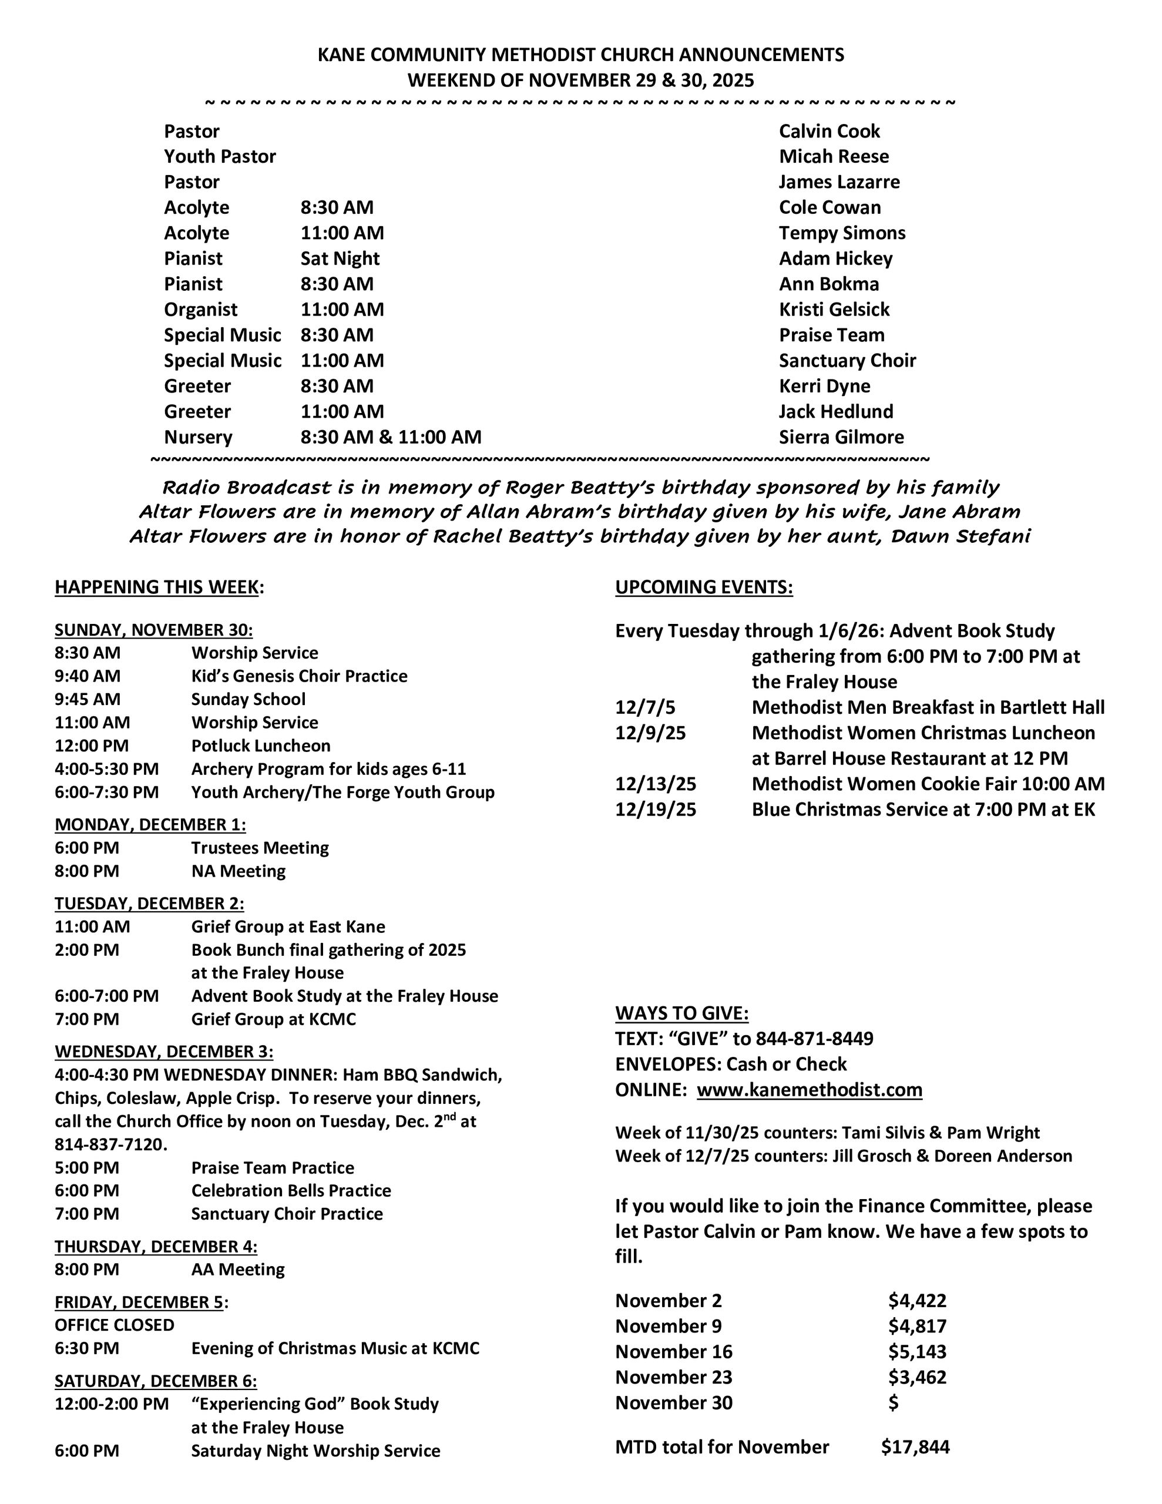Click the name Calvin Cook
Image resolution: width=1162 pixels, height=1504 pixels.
(x=829, y=131)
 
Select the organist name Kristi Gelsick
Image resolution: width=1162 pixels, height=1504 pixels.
(x=834, y=309)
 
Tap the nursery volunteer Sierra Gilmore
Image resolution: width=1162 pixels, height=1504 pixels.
(x=841, y=437)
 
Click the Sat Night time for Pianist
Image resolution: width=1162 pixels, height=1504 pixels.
(x=340, y=258)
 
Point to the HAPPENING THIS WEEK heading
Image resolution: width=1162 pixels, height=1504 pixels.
(x=158, y=587)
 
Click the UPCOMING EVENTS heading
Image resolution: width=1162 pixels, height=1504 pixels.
(x=703, y=587)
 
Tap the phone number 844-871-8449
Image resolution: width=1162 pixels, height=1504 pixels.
(x=814, y=1039)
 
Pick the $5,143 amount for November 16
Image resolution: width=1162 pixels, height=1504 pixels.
(x=917, y=1351)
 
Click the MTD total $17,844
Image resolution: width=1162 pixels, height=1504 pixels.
(x=915, y=1446)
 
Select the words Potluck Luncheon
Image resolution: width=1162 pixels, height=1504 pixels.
(x=260, y=746)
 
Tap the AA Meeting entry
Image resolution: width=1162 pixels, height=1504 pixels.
(x=238, y=1269)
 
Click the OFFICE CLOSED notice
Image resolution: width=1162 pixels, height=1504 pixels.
(x=115, y=1325)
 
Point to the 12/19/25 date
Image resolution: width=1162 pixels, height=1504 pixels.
(x=655, y=809)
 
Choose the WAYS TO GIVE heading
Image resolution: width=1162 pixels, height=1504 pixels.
(x=681, y=1013)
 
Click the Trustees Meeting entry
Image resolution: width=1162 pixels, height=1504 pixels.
(x=260, y=848)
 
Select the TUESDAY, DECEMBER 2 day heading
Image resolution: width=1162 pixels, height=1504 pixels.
(x=149, y=903)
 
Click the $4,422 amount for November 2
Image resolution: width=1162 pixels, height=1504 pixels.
(x=917, y=1300)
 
